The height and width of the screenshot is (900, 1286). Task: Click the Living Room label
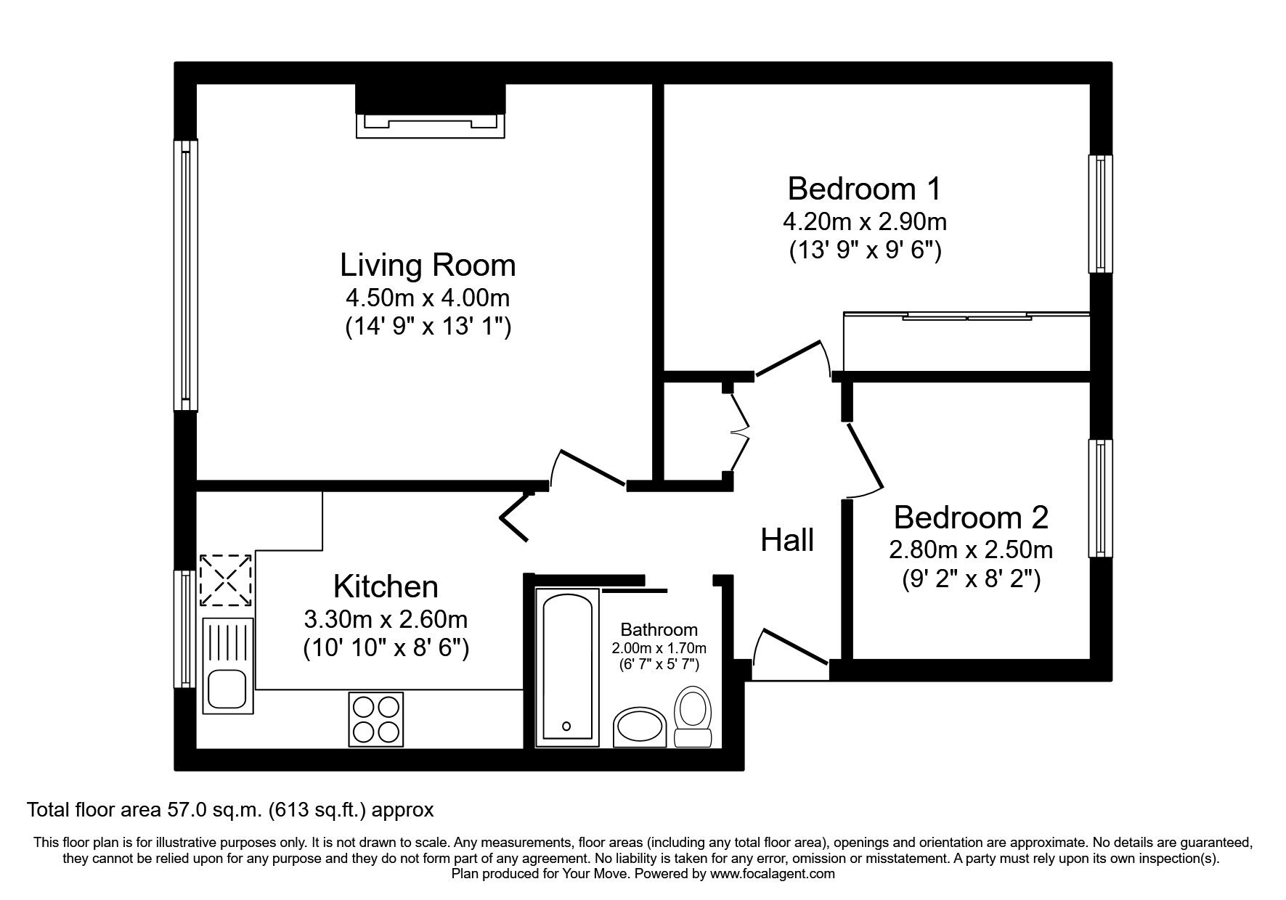point(428,265)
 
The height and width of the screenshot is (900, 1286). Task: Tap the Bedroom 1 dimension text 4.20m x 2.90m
point(864,220)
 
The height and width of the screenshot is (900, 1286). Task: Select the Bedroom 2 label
point(971,517)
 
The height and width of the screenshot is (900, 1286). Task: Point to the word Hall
point(787,540)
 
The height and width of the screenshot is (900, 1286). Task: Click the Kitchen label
point(386,586)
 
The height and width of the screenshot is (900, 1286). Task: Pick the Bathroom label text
point(659,630)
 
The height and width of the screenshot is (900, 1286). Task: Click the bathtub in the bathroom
point(567,666)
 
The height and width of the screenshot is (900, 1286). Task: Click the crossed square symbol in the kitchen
point(226,580)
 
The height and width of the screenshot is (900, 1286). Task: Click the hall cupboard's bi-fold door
point(739,432)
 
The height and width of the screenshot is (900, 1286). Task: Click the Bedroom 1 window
point(1101,214)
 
